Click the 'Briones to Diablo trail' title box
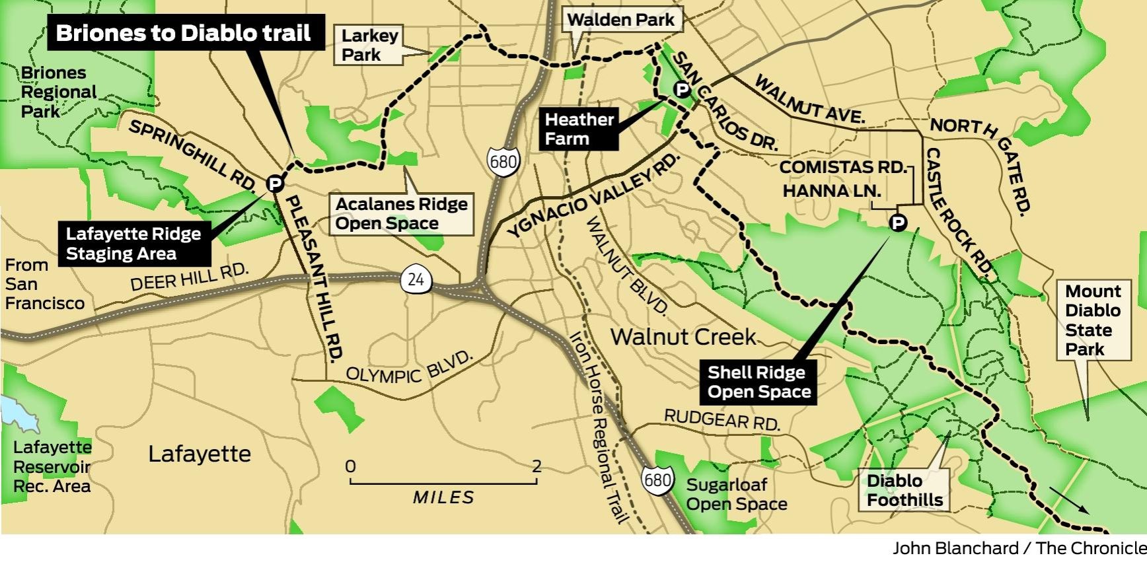tap(185, 32)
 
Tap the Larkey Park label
tap(369, 45)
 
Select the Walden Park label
tap(620, 20)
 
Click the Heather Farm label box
tap(579, 129)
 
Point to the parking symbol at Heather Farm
tap(682, 90)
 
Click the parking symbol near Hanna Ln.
tap(898, 223)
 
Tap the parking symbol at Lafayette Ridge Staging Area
tap(275, 183)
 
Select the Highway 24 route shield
tap(416, 279)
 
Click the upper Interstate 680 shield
tap(503, 161)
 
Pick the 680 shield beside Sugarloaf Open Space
tap(657, 479)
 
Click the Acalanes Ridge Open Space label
tap(401, 213)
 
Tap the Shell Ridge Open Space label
tap(758, 382)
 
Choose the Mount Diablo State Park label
tap(1093, 320)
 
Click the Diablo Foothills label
tap(905, 490)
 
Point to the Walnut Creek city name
tap(683, 337)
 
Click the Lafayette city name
tap(200, 454)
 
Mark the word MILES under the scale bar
tap(443, 497)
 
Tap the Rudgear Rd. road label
tap(722, 419)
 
